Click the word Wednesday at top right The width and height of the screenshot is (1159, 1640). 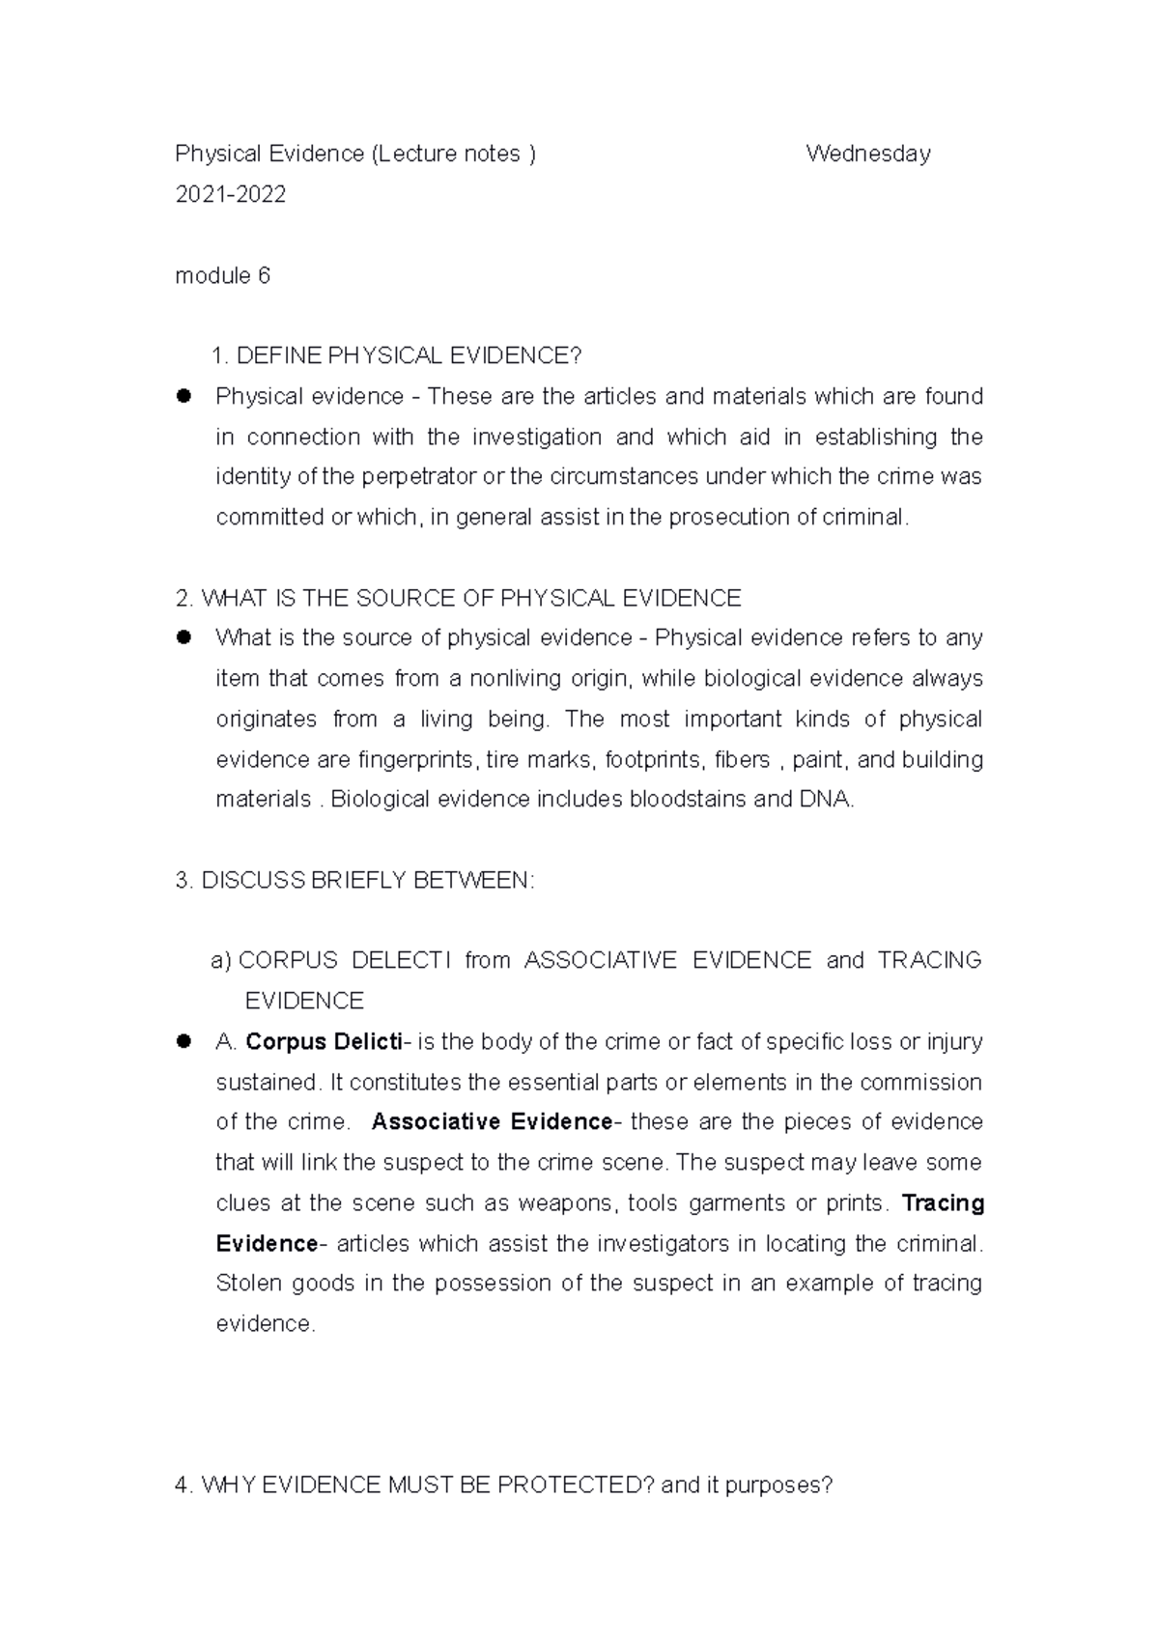tap(867, 154)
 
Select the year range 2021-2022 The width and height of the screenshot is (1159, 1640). tap(230, 195)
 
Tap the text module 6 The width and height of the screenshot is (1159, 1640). tap(222, 276)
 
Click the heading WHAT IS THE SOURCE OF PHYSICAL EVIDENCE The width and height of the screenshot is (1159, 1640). tap(458, 599)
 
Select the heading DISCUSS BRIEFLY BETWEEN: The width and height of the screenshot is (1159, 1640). tap(355, 881)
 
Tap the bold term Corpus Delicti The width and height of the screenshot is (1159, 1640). tap(325, 1042)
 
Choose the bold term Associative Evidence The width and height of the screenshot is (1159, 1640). tap(492, 1122)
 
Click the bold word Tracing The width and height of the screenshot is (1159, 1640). tap(942, 1203)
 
